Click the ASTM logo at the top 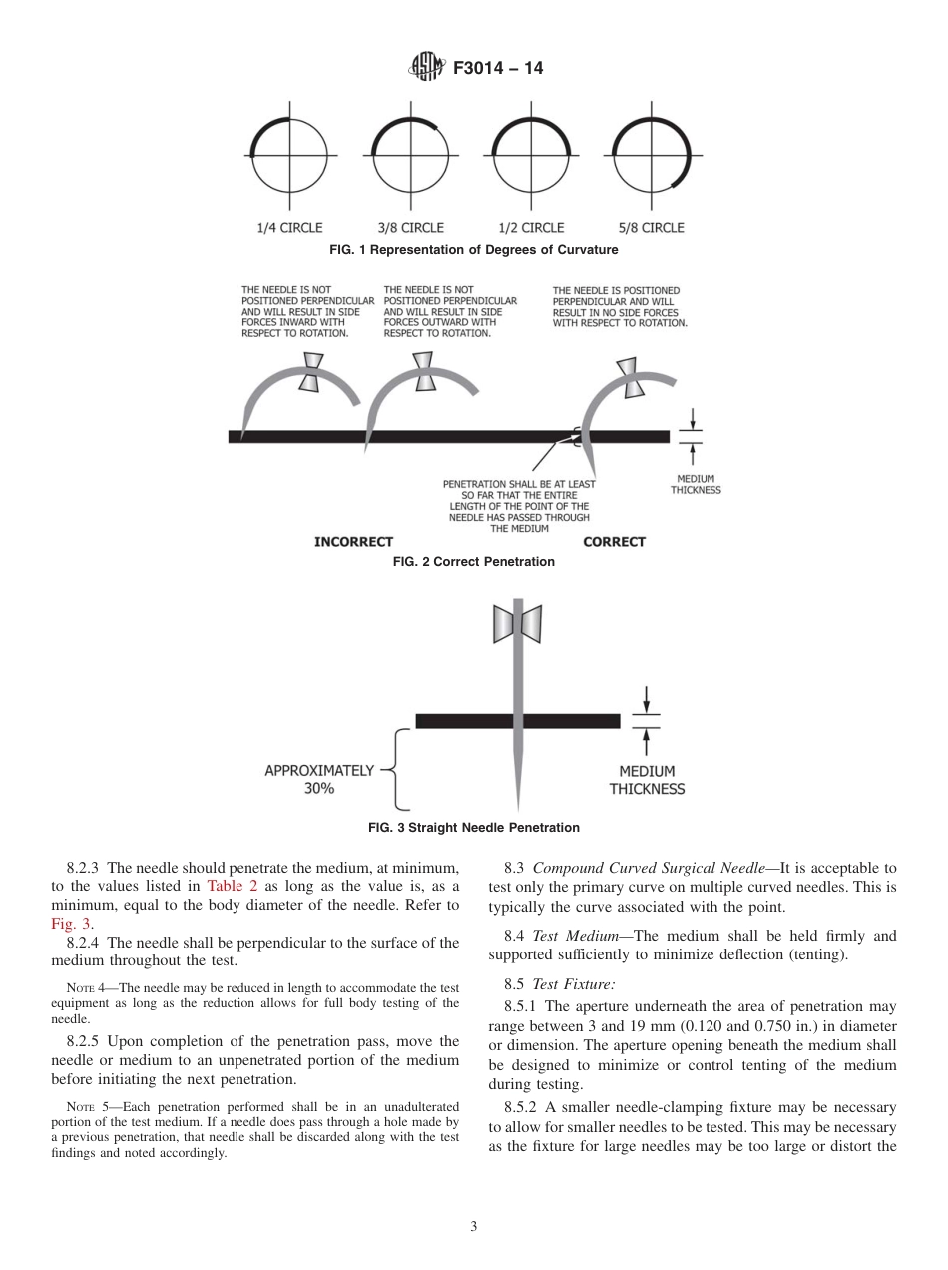tap(427, 68)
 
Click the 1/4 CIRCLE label tap(289, 228)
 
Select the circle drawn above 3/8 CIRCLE tap(409, 156)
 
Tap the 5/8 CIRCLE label tap(649, 228)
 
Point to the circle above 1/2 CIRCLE tap(529, 156)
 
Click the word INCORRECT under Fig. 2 tap(353, 542)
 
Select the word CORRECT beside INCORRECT tap(614, 542)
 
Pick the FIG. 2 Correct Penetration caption tap(474, 562)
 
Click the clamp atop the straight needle tap(517, 623)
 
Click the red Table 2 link tap(232, 886)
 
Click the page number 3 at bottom tap(473, 1226)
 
